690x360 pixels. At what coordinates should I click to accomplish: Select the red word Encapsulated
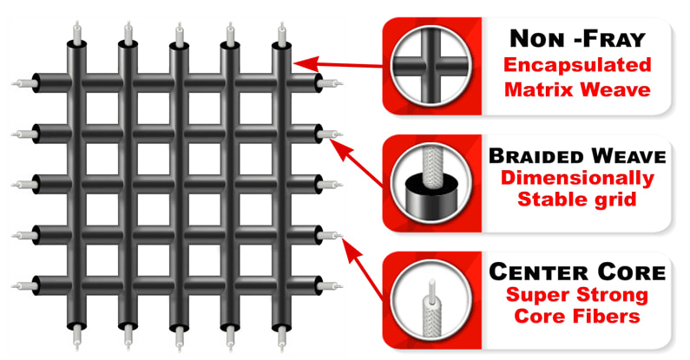(x=577, y=64)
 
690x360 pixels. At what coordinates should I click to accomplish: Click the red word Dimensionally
(x=577, y=178)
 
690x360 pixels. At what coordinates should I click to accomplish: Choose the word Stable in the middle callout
(x=548, y=200)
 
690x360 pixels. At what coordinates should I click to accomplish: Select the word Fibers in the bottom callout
(x=608, y=316)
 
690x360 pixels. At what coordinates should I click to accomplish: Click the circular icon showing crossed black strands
(x=430, y=66)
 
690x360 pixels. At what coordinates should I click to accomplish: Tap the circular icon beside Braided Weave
(x=430, y=184)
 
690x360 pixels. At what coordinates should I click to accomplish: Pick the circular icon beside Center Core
(x=430, y=300)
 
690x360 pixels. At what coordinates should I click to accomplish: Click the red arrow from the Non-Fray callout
(x=338, y=64)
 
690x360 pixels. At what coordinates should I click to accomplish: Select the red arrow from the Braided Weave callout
(x=358, y=163)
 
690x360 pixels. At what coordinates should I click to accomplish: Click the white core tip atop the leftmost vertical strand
(x=77, y=32)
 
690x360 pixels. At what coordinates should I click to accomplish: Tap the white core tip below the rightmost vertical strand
(x=281, y=337)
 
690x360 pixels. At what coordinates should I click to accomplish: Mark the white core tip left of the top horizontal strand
(x=24, y=83)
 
